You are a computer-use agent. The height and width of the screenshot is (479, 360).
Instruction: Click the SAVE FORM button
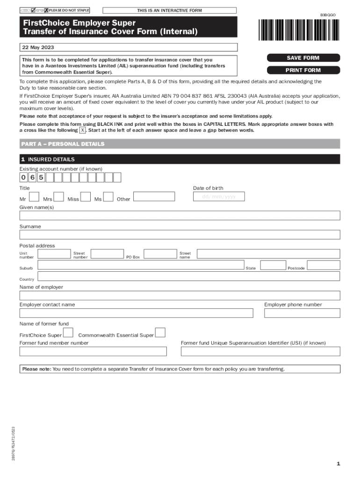(x=302, y=58)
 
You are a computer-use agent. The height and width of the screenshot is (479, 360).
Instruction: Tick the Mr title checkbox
(x=34, y=196)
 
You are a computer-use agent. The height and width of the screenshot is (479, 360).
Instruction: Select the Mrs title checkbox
(x=58, y=196)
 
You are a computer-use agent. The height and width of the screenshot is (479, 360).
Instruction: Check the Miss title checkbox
(x=85, y=196)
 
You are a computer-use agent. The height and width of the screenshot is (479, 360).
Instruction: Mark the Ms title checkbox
(x=108, y=196)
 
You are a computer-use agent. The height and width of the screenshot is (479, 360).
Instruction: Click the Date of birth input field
(x=219, y=197)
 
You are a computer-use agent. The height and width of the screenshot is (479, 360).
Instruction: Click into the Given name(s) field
(x=180, y=215)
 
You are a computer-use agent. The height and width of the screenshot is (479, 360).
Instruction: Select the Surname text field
(x=180, y=234)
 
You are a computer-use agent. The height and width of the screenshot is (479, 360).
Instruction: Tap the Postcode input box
(x=324, y=265)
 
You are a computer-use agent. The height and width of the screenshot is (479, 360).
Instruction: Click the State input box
(x=273, y=265)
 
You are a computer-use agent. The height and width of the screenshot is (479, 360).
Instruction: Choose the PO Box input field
(x=160, y=254)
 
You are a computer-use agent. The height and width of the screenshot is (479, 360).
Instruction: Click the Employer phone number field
(x=302, y=313)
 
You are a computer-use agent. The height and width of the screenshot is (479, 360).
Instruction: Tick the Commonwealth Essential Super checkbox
(x=160, y=333)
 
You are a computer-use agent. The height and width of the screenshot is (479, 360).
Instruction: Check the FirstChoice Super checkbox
(x=68, y=333)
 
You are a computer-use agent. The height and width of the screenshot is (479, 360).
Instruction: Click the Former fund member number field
(x=93, y=351)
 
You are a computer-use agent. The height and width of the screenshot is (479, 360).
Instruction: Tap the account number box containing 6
(x=32, y=177)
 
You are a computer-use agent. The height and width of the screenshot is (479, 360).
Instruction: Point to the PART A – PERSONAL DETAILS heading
(x=63, y=144)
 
